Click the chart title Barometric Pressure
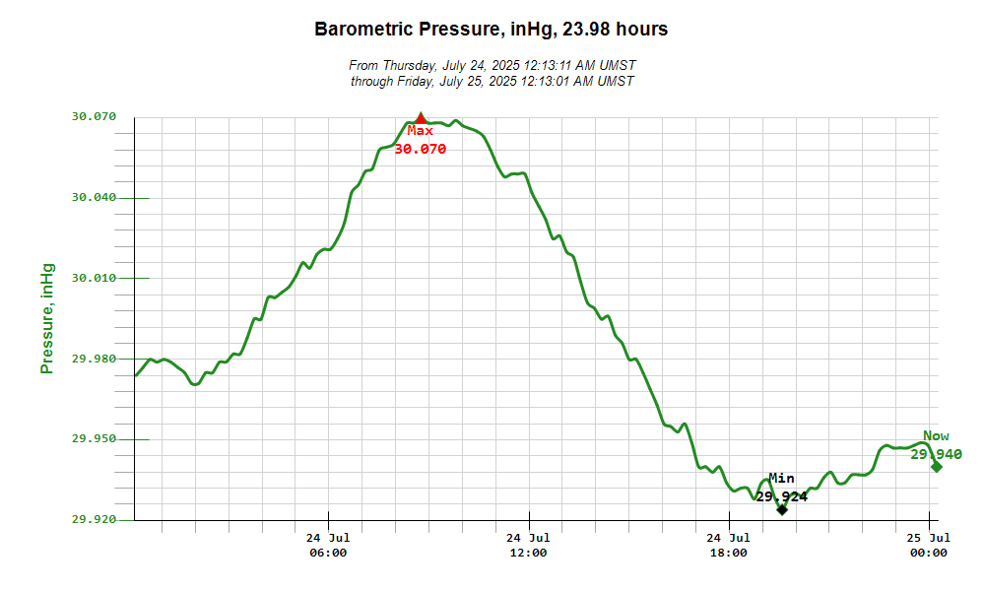[491, 30]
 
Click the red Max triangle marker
[421, 119]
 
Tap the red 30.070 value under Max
[421, 150]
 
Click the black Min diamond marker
[782, 509]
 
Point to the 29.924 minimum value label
[782, 496]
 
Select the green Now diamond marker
[936, 467]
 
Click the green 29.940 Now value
[936, 454]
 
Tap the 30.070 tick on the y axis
[95, 116]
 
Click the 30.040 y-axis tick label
[95, 197]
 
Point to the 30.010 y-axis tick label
[95, 278]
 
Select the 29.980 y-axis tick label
[95, 359]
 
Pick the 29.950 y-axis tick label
[95, 439]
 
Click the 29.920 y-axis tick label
[95, 519]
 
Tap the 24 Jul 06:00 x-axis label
[328, 545]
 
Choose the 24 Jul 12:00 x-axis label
[528, 545]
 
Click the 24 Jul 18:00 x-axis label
[729, 545]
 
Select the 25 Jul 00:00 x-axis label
[929, 545]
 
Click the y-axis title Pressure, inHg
[46, 318]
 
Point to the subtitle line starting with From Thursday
[492, 65]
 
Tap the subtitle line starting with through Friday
[492, 81]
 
